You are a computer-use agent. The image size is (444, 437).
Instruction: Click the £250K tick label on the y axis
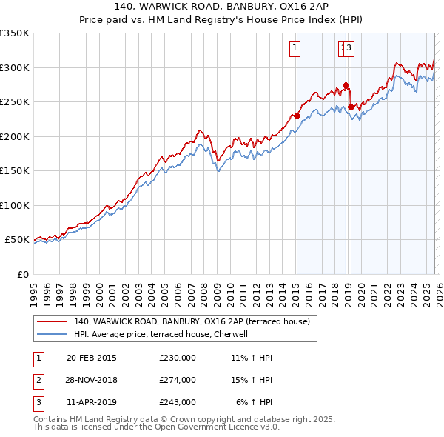click(15, 102)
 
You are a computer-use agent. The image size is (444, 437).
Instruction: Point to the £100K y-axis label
click(15, 205)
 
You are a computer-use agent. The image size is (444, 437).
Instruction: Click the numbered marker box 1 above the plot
click(295, 49)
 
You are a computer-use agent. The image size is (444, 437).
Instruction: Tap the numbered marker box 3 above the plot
click(349, 49)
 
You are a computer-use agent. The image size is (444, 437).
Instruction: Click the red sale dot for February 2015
click(297, 116)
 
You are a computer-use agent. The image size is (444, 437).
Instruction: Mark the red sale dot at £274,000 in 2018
click(346, 86)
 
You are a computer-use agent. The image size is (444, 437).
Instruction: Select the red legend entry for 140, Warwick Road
click(195, 321)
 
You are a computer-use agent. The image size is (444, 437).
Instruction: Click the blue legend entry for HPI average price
click(164, 334)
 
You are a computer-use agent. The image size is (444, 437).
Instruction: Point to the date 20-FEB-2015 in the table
click(92, 358)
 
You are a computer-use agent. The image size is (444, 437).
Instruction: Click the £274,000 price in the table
click(178, 380)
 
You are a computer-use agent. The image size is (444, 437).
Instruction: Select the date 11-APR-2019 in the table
click(92, 402)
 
